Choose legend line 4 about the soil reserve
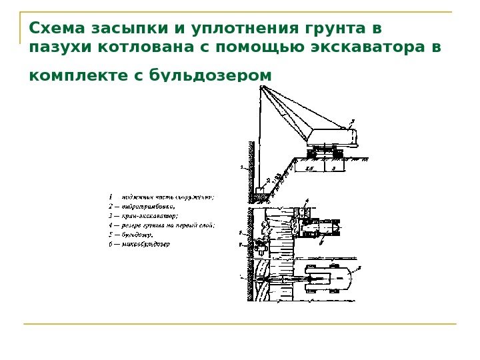pyautogui.click(x=161, y=225)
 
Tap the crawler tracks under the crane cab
pyautogui.click(x=327, y=153)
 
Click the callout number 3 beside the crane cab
pyautogui.click(x=353, y=120)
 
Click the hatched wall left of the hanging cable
pyautogui.click(x=251, y=167)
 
